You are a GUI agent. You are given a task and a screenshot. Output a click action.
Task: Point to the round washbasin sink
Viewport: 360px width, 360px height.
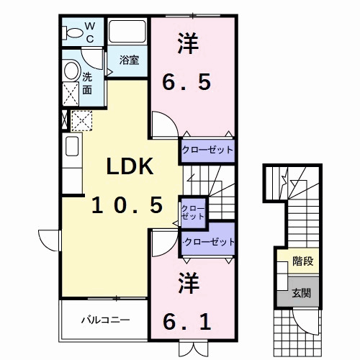coord(71,71)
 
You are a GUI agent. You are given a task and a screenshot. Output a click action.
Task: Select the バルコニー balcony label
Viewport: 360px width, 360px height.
coord(105,319)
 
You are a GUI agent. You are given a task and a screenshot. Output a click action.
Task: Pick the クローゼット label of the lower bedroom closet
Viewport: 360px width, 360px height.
coord(209,241)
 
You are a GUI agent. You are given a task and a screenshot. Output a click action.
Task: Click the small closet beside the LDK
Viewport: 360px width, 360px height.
coord(193,212)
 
